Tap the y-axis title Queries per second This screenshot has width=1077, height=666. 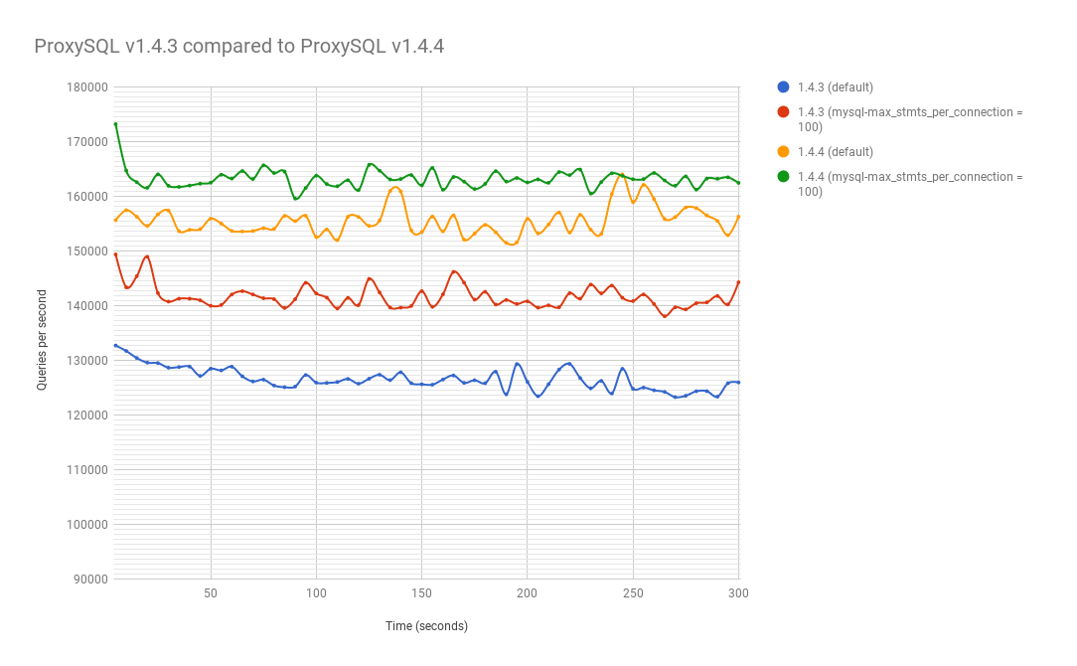pos(42,339)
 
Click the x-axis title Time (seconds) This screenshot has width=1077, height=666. pos(426,626)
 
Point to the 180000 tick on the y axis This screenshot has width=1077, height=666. pos(86,87)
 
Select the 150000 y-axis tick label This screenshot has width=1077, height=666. pos(86,251)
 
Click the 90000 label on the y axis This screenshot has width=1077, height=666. pos(89,580)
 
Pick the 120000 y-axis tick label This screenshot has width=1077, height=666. pos(86,416)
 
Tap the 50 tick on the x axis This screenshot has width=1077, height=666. pos(211,593)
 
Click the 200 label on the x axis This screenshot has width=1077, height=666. pos(528,593)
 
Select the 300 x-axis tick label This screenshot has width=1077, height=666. pos(738,593)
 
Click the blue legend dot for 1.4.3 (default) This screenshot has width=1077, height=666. pos(784,87)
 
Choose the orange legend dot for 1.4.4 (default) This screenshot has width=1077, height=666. pos(784,152)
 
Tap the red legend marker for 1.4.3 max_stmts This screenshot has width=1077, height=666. pos(784,112)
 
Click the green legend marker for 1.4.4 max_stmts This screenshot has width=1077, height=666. pos(784,177)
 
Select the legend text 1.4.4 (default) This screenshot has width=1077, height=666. pos(835,152)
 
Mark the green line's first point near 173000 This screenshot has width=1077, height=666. pos(115,124)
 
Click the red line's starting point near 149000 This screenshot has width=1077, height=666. pos(115,254)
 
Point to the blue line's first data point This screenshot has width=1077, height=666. pos(115,345)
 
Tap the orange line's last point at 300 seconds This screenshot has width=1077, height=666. pos(739,217)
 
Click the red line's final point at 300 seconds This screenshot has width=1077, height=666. pos(739,282)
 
